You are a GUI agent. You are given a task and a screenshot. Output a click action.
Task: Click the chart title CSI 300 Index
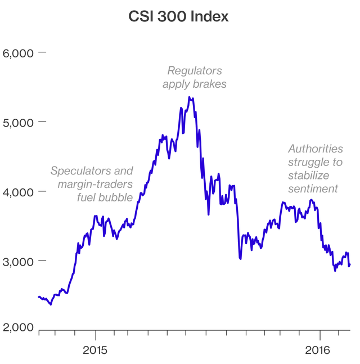pos(179,17)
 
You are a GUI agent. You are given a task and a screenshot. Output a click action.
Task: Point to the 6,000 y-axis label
pos(19,52)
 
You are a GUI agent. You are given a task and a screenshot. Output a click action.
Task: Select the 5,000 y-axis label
pos(19,122)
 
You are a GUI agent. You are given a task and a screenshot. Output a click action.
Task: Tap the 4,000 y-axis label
pos(19,192)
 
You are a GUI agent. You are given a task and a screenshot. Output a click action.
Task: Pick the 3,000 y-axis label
pos(19,262)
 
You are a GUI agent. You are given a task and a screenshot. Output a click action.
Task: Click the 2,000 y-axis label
pos(19,327)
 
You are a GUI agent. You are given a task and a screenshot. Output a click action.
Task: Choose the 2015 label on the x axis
pos(95,349)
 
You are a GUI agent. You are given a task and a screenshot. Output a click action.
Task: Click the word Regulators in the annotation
pos(195,71)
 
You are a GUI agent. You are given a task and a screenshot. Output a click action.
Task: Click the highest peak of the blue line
pos(190,97)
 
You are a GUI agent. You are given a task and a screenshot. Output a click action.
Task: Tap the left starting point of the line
pos(38,296)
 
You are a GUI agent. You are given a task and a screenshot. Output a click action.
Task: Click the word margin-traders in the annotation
pos(96,185)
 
